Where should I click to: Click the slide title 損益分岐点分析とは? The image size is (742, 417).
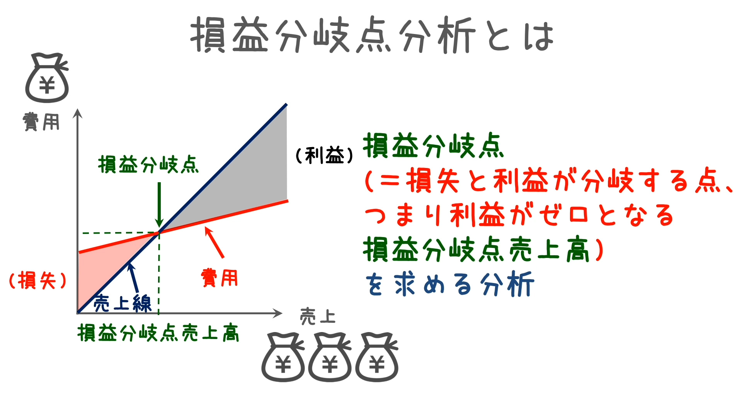(372, 35)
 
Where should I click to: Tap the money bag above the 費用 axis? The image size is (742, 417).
(47, 78)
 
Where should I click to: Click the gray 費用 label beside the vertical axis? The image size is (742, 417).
(41, 122)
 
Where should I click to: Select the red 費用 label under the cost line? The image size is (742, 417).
(219, 278)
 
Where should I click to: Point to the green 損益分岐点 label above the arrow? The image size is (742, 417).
(148, 165)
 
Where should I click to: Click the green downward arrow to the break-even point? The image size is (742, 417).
(159, 205)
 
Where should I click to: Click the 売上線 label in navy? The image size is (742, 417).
(123, 303)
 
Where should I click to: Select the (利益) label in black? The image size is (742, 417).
(325, 156)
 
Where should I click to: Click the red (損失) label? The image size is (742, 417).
(38, 280)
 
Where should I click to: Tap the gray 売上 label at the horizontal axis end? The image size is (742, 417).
(318, 317)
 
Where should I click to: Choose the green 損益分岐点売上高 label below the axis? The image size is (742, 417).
(158, 333)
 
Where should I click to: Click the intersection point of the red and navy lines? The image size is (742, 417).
(159, 232)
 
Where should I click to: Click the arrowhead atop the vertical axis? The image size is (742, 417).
(78, 113)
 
